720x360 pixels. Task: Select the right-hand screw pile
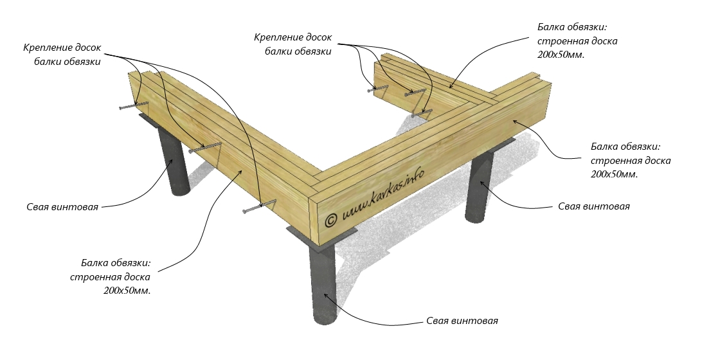tap(479, 186)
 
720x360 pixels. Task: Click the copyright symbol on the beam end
tap(331, 219)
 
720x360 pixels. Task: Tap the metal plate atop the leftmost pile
tap(154, 121)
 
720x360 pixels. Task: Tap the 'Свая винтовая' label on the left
tap(62, 207)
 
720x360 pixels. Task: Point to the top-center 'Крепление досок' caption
tap(293, 38)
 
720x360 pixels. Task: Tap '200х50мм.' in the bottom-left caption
tap(127, 291)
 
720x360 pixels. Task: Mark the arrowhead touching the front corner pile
tap(327, 295)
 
